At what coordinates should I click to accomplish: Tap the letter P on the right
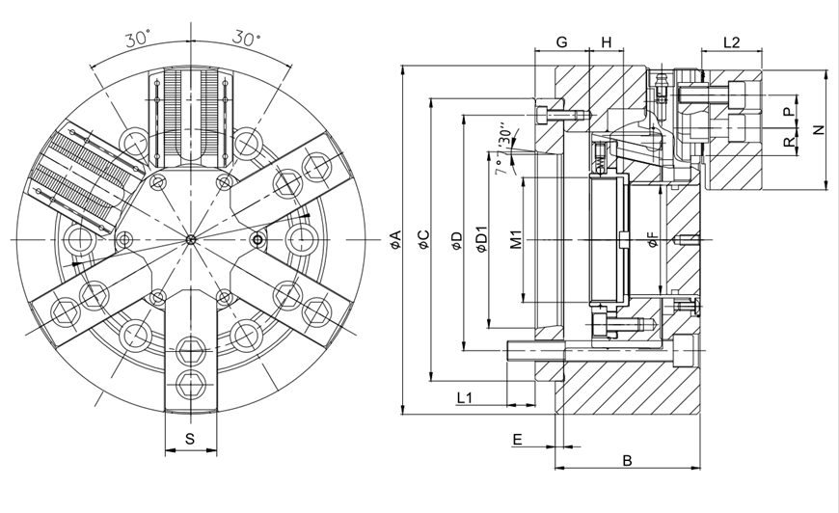coord(788,112)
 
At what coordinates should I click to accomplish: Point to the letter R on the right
coord(788,142)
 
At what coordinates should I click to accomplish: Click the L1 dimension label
coord(464,396)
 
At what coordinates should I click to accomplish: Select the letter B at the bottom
coord(627,460)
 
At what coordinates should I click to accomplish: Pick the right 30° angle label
coord(247,40)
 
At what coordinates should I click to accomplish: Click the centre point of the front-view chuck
coord(190,238)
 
